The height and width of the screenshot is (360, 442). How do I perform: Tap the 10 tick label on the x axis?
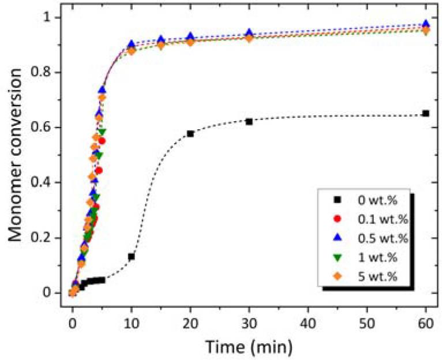click(x=131, y=321)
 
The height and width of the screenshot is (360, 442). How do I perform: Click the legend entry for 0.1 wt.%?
click(x=364, y=219)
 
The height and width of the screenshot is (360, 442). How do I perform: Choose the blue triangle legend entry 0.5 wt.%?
click(x=364, y=238)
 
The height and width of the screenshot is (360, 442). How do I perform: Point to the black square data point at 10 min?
click(x=132, y=256)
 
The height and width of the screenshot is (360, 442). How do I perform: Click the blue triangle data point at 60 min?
click(x=426, y=24)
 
